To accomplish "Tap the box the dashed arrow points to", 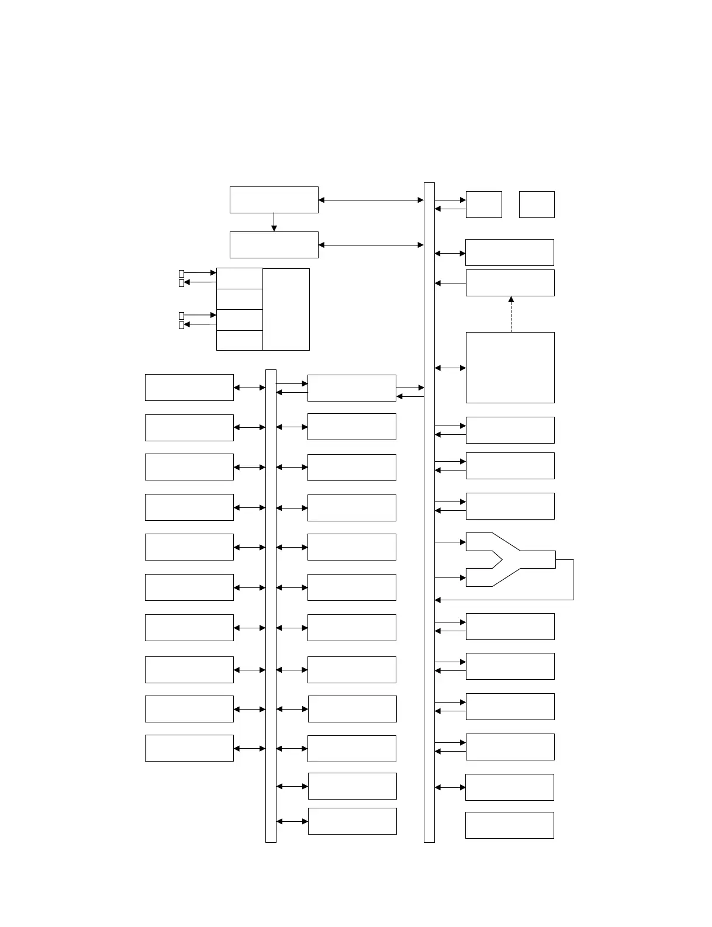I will click(510, 283).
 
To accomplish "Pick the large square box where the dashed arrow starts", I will click(510, 368).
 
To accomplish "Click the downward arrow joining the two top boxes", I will click(274, 222).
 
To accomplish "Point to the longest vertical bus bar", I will click(429, 512).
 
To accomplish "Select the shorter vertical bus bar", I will click(271, 606).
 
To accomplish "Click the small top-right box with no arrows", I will click(537, 205).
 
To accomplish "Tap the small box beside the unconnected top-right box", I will click(483, 205).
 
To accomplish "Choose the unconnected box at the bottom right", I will click(509, 825).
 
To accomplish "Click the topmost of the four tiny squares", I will click(181, 274).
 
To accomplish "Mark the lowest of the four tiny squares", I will click(181, 325).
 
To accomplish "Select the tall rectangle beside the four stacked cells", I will click(286, 309).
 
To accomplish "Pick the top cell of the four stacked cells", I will click(239, 278).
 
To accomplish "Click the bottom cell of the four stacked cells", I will click(239, 340).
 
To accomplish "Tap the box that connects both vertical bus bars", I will click(351, 388).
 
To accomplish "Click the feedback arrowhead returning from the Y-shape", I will click(438, 600).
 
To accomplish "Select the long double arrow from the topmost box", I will click(371, 200).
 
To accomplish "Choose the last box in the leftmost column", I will click(189, 748).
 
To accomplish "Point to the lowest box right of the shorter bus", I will click(352, 821).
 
